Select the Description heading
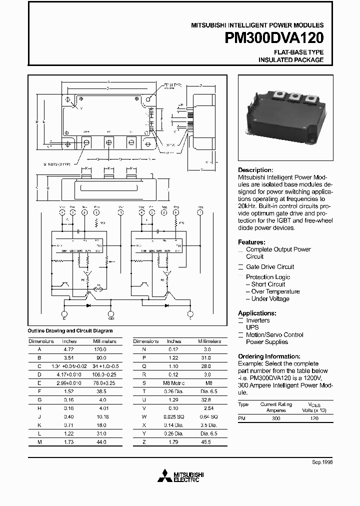(255, 170)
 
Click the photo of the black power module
(288, 115)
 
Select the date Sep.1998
(322, 463)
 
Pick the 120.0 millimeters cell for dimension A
(100, 350)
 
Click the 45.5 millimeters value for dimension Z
(205, 442)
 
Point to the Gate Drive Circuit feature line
(270, 267)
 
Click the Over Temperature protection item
(275, 291)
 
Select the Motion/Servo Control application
(274, 335)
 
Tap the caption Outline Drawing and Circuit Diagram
(70, 330)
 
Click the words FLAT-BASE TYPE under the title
(298, 52)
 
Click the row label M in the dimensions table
(39, 442)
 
